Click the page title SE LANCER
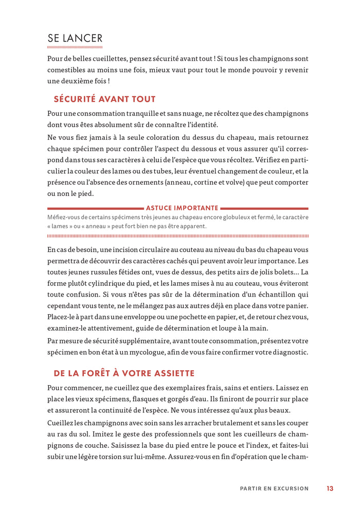click(75, 38)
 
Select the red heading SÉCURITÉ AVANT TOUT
click(104, 99)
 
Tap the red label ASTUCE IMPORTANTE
click(182, 208)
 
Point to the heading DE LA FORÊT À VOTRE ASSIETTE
click(124, 373)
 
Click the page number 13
click(330, 488)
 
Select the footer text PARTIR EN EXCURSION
click(274, 488)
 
